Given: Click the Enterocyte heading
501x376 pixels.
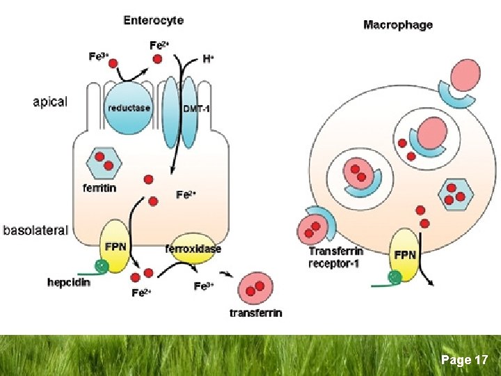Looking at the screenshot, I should click(x=153, y=20).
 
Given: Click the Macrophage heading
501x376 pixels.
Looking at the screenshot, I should click(x=397, y=25).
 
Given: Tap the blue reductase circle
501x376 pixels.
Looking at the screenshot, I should click(x=128, y=108).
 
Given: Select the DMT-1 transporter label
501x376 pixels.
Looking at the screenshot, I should click(x=196, y=109).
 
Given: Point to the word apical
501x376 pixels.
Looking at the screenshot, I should click(x=50, y=102).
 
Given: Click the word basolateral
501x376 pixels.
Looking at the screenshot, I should click(x=35, y=230).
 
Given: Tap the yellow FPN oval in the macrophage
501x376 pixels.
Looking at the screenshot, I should click(x=405, y=256).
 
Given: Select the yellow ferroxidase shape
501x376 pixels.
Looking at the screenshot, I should click(x=193, y=248).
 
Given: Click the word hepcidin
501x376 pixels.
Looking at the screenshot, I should click(x=69, y=283).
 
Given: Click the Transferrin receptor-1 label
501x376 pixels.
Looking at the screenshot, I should click(x=335, y=258).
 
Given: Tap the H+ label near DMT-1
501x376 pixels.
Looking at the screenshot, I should click(x=207, y=60).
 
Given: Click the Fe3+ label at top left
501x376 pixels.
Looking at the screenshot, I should click(x=100, y=56).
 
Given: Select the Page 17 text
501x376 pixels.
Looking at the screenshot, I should click(x=464, y=360).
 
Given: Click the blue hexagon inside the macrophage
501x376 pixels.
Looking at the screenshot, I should click(x=456, y=194).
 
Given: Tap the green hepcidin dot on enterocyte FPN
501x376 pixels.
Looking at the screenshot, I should click(x=102, y=265).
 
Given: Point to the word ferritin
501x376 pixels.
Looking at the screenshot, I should click(x=100, y=188).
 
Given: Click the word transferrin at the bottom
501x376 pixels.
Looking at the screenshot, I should click(x=256, y=313).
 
